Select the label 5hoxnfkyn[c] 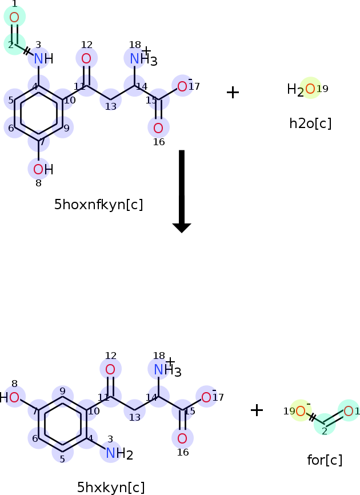pos(98,205)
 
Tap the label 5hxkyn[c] pos(111,487)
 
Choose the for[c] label pos(325,459)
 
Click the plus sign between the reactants pos(233,92)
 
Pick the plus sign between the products pos(257,409)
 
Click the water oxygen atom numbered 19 pos(310,89)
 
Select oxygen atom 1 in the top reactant pos(14,17)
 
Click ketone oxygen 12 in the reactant pos(86,58)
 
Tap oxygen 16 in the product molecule pos(182,439)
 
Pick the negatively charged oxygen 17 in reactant pos(182,86)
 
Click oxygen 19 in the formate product pos(301,410)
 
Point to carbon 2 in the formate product pos(325,424)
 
